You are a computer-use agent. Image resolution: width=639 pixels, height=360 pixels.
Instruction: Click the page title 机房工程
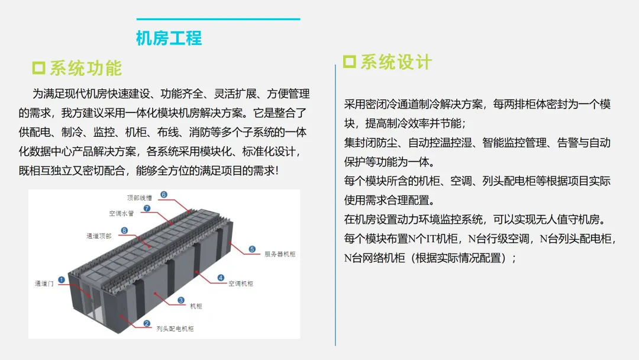169,38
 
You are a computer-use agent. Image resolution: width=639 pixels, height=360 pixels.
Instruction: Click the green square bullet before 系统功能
38,67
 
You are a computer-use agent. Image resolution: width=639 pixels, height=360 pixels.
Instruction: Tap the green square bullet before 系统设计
350,62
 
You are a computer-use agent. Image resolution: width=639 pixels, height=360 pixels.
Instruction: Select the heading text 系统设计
396,62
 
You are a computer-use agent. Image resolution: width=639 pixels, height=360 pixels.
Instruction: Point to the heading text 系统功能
85,68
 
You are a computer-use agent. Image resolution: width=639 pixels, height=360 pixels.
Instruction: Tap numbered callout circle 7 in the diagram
147,208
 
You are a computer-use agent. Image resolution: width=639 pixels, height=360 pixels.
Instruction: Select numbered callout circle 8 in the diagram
125,230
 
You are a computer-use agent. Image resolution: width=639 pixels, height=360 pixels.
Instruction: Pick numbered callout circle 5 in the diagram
252,249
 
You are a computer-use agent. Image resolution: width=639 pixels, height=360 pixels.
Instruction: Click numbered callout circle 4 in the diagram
221,277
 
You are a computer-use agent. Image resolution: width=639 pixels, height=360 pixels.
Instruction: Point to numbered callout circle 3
181,300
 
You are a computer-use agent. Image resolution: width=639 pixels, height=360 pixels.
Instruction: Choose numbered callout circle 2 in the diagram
147,323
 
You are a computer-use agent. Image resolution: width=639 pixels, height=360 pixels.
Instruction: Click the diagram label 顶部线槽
139,197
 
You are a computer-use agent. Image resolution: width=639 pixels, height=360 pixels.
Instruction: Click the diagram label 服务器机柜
279,255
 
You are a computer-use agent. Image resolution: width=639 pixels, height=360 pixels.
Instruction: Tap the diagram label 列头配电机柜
175,329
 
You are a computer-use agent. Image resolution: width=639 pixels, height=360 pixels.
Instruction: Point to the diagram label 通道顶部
98,236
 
